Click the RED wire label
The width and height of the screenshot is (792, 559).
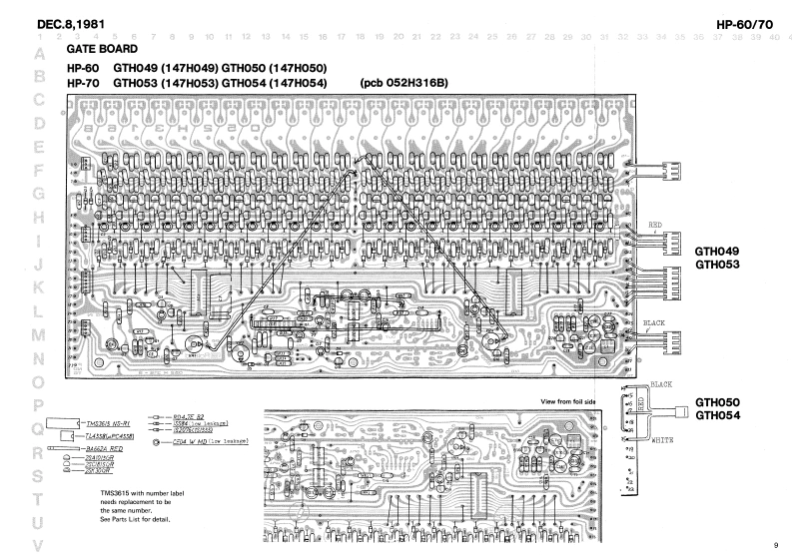coord(656,225)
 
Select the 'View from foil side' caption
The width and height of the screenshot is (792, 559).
coord(573,401)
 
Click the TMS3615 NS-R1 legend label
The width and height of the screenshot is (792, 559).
coord(106,423)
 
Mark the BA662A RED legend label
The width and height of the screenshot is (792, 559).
coord(102,451)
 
